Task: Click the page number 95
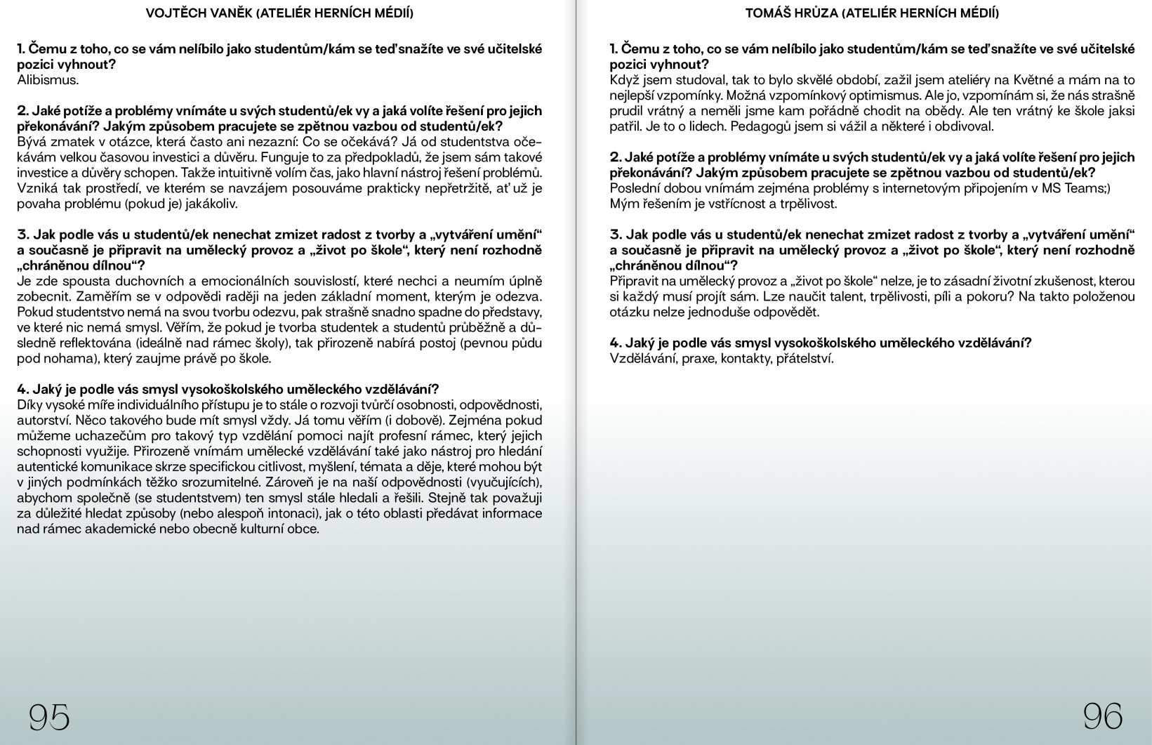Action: point(49,717)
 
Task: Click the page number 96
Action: point(1102,716)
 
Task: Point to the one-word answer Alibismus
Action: point(48,79)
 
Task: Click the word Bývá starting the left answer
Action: point(32,142)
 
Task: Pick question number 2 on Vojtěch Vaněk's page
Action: point(22,111)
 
